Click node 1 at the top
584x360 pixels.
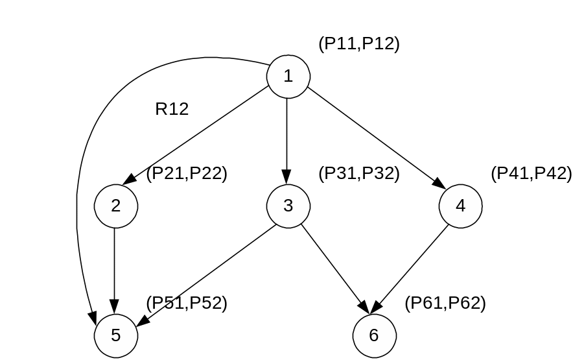(x=288, y=76)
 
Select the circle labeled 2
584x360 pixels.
(x=116, y=206)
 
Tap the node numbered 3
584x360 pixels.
(x=288, y=206)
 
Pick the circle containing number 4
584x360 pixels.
(x=461, y=206)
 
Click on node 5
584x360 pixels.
(x=116, y=335)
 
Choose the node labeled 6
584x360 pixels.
(x=374, y=335)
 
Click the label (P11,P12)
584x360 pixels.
(x=358, y=44)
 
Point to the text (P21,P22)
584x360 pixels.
(x=187, y=174)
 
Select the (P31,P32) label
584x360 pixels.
(x=358, y=174)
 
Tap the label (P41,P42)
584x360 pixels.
(x=531, y=174)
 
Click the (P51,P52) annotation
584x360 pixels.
(x=187, y=304)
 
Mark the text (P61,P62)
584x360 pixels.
(x=445, y=304)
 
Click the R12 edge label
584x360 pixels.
(x=172, y=109)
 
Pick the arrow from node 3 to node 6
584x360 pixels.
(x=332, y=266)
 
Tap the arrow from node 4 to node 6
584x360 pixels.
(x=415, y=266)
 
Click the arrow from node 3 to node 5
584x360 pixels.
(x=207, y=272)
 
